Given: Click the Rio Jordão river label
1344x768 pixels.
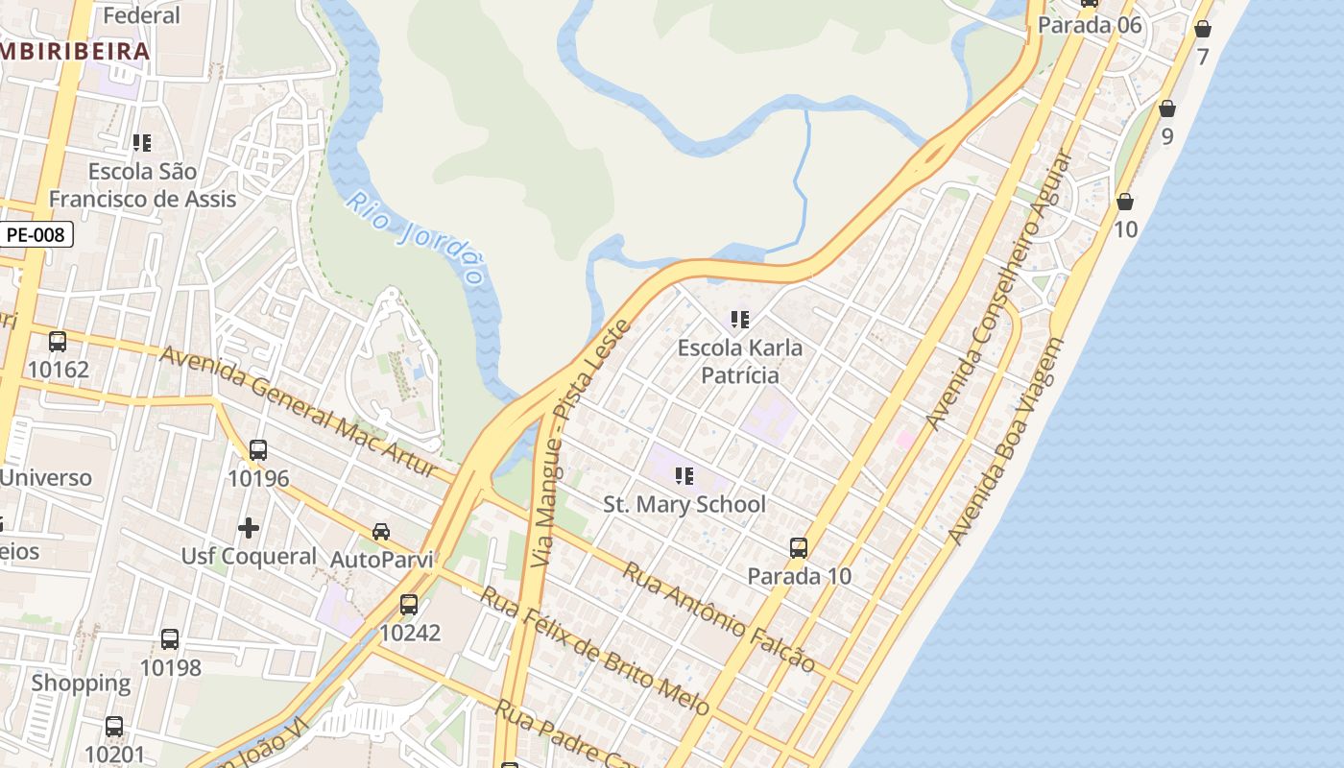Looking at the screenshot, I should point(415,238).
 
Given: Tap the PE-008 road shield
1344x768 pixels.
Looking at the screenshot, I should point(36,233).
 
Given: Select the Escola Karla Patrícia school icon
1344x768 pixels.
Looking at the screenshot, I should point(739,319).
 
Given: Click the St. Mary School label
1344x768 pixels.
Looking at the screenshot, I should point(684,504).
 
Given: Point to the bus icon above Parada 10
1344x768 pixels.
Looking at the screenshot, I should point(798,548).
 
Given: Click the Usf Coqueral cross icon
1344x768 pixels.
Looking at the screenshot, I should point(249,528).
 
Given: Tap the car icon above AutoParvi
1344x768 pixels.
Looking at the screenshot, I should point(381,532).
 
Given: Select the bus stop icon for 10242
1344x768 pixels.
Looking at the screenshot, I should point(409,605).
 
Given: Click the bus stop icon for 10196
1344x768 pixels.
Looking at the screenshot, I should point(258,450).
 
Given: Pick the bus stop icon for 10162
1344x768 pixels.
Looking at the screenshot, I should point(58,342).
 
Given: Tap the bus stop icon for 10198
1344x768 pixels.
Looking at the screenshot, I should point(170,639).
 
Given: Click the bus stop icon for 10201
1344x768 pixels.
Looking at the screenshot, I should point(114,727).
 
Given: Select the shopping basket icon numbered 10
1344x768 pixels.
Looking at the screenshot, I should point(1125,202).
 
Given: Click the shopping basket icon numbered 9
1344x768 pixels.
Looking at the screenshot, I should point(1167,108).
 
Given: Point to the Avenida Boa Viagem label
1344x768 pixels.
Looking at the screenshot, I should point(1006,442).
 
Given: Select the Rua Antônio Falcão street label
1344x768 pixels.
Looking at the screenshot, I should point(719,616).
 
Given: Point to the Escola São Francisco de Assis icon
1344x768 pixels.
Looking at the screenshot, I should point(142,143).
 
